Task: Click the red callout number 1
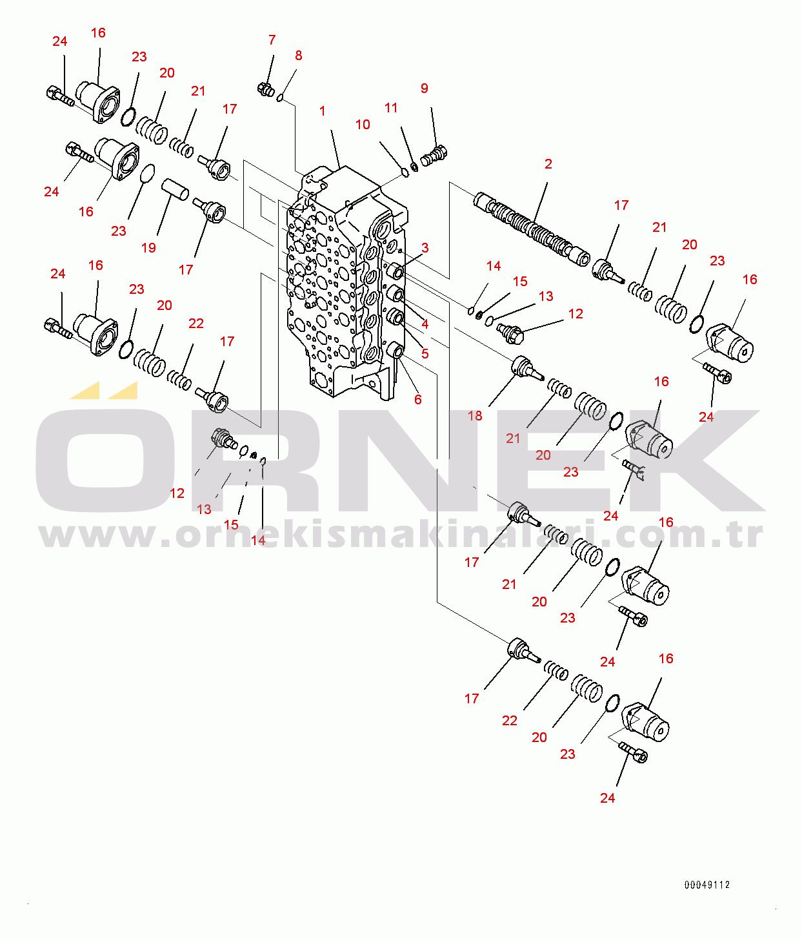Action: tap(322, 111)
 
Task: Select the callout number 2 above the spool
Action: tap(548, 164)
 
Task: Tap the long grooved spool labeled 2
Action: tap(532, 229)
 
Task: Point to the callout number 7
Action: tap(272, 40)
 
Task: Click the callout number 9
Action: tap(425, 88)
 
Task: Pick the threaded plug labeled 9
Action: tap(434, 155)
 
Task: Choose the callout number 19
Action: tap(148, 247)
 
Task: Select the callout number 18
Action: tap(475, 415)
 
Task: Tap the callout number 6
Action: tap(417, 399)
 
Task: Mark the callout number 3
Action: tap(425, 248)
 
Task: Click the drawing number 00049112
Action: tap(707, 885)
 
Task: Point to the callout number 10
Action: tap(363, 125)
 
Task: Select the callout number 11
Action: tap(391, 108)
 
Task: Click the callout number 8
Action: tap(298, 56)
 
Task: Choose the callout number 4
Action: tap(425, 324)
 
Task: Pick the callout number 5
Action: tap(425, 353)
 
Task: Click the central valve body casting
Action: tap(346, 282)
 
